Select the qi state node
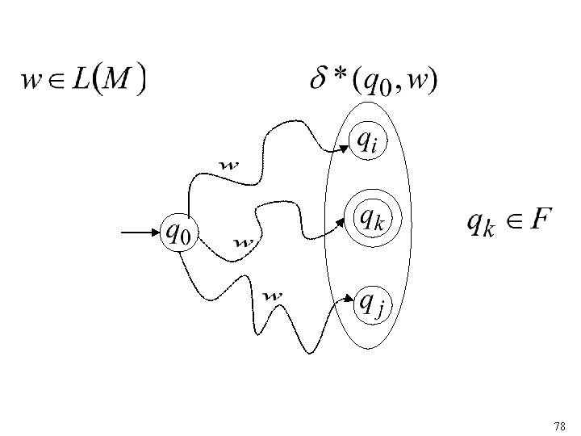[366, 142]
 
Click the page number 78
[560, 425]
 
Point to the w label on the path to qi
[230, 166]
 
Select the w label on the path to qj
[274, 296]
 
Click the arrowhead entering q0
[157, 233]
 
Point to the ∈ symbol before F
[510, 220]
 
